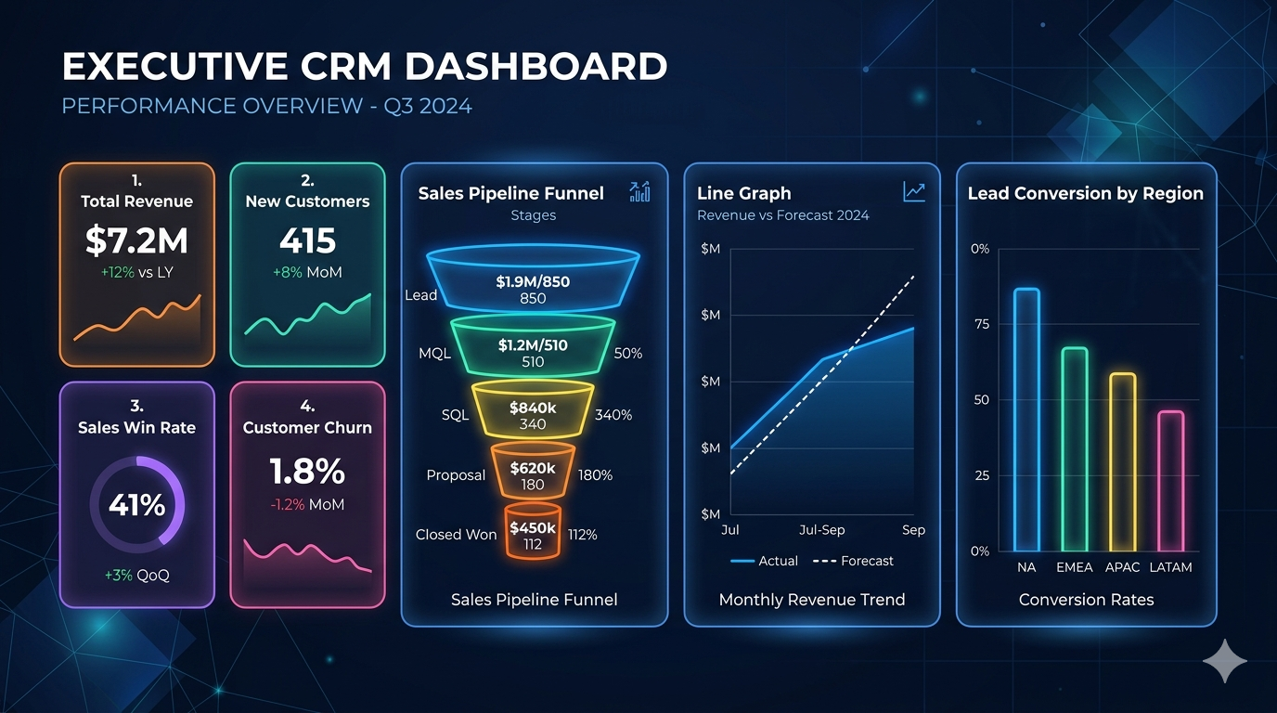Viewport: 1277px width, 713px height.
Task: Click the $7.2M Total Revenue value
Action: coord(136,240)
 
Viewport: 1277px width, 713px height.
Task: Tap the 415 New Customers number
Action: coord(307,241)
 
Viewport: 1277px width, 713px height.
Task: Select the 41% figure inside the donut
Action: coord(136,505)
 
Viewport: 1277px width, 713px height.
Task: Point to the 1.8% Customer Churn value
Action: coord(307,472)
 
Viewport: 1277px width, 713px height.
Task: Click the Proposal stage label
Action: coord(456,475)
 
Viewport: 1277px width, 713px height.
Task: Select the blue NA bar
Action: coord(1026,420)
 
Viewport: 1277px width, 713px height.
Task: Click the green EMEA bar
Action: coord(1074,449)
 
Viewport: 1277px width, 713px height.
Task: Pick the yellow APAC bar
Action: coord(1122,462)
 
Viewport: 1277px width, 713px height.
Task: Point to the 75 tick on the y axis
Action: coord(980,325)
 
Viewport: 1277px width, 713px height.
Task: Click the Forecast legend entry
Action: coord(853,561)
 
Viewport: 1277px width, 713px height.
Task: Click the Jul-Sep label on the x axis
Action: coord(821,530)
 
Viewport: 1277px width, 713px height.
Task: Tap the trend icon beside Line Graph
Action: coord(914,192)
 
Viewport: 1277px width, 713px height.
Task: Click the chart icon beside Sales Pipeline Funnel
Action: coord(639,192)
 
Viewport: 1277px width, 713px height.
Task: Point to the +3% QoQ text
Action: coord(136,576)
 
